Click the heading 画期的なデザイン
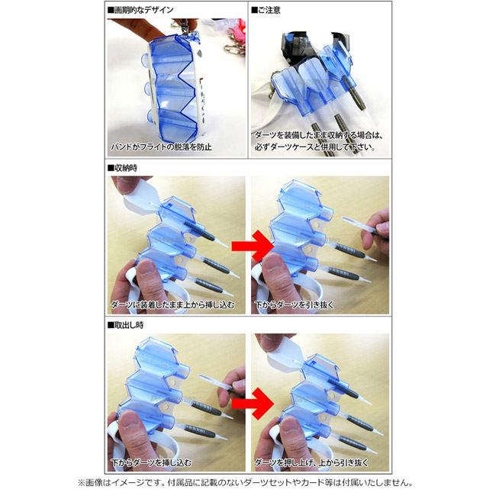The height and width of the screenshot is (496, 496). pyautogui.click(x=140, y=10)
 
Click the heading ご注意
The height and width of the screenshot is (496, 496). pyautogui.click(x=266, y=10)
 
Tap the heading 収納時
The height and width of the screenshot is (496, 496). pyautogui.click(x=122, y=168)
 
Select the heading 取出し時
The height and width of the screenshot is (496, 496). pyautogui.click(x=126, y=325)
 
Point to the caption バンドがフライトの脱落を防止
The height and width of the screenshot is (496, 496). pyautogui.click(x=161, y=147)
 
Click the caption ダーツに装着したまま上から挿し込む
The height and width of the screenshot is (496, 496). pyautogui.click(x=172, y=304)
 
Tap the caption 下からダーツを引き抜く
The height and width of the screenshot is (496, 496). pyautogui.click(x=295, y=304)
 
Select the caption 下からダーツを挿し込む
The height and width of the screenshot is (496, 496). pyautogui.click(x=151, y=462)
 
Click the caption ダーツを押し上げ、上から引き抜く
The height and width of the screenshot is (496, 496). pyautogui.click(x=311, y=462)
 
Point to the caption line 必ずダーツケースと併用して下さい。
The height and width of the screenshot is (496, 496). pyautogui.click(x=314, y=147)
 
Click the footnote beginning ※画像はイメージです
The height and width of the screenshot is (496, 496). pyautogui.click(x=246, y=483)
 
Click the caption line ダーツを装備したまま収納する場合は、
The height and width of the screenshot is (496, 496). pyautogui.click(x=319, y=135)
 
